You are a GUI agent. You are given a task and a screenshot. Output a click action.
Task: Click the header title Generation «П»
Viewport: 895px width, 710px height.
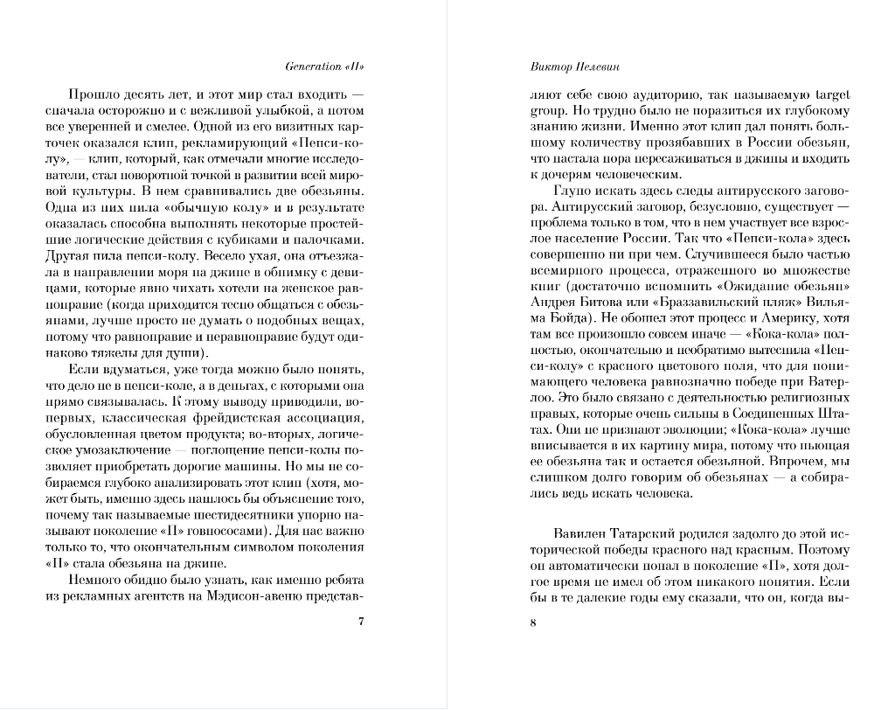(324, 66)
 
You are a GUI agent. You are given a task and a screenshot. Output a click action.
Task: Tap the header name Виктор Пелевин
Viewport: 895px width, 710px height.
(571, 66)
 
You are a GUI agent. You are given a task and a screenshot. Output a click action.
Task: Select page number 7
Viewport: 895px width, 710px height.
(362, 623)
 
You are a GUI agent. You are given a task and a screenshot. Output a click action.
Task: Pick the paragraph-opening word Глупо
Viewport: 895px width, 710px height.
(572, 190)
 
